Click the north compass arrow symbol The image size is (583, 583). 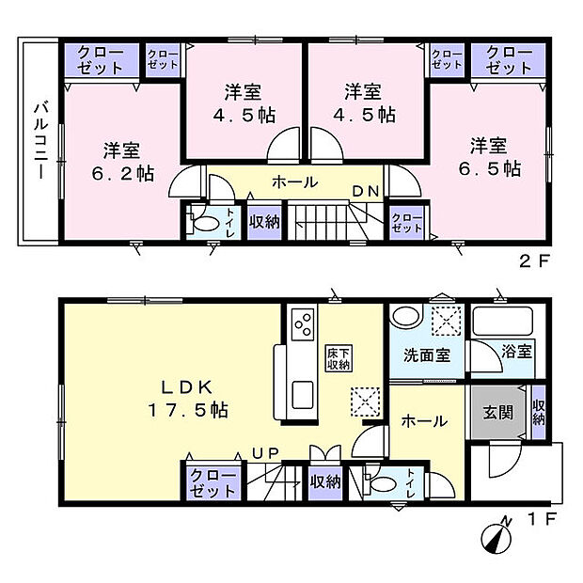point(496,540)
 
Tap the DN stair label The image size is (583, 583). point(366,192)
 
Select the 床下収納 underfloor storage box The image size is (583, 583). point(339,358)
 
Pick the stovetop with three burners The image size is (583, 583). point(305,325)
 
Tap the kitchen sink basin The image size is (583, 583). point(303,394)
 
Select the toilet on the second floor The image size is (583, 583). point(200,224)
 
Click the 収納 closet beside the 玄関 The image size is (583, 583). point(538,411)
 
